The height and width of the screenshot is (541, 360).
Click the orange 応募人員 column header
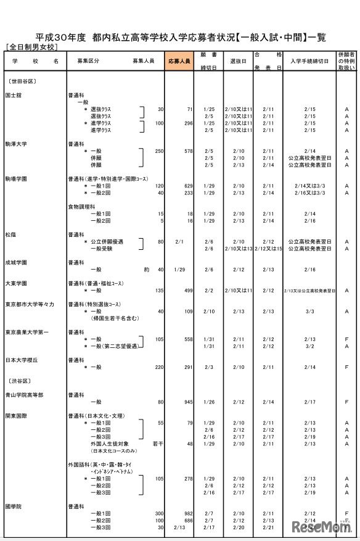(179, 62)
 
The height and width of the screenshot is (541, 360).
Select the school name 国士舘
(14, 96)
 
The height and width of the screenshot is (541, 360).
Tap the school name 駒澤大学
(16, 144)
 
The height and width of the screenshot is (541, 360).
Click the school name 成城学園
(16, 262)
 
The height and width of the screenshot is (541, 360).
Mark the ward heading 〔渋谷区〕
(18, 381)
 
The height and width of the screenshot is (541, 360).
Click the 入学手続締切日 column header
(309, 62)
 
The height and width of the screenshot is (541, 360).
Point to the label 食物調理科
(81, 207)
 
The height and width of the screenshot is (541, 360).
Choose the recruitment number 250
(160, 151)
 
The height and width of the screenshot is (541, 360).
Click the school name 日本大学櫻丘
(21, 360)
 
